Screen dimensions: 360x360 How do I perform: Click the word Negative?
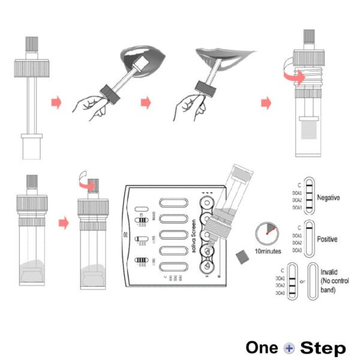329,197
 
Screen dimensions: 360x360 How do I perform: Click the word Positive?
328,239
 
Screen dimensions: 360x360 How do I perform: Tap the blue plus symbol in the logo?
289,348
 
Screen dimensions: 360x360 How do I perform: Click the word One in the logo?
263,348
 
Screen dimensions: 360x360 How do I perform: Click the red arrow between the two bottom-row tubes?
62,223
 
